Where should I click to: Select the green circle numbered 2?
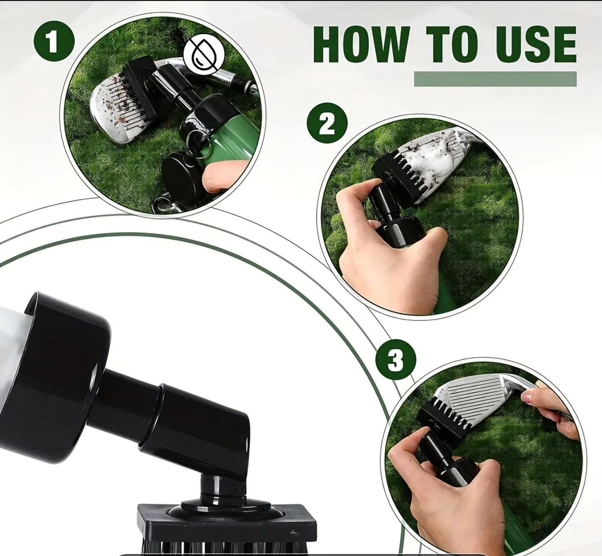pyautogui.click(x=327, y=123)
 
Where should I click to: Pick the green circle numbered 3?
pyautogui.click(x=396, y=360)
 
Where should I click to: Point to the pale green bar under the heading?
pyautogui.click(x=495, y=79)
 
